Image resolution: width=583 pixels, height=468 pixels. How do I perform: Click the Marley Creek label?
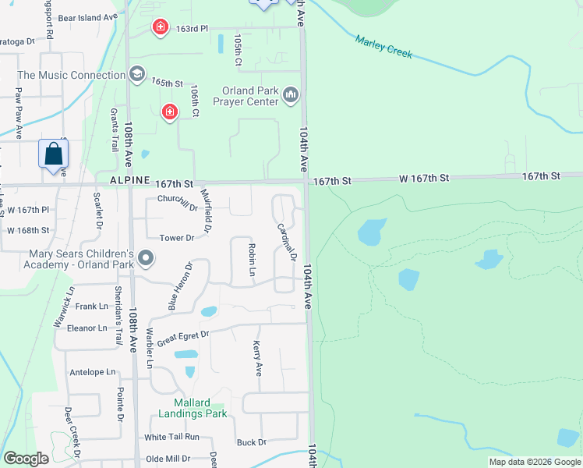pos(383,48)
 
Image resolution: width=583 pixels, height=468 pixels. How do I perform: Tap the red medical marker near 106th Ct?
pos(169,113)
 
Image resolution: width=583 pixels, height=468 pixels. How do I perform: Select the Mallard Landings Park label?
pos(193,408)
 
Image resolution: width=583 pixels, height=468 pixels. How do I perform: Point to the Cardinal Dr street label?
pos(288,242)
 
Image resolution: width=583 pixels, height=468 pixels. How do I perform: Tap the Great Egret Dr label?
pos(183,338)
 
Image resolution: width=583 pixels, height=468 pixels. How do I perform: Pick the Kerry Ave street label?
pos(257,358)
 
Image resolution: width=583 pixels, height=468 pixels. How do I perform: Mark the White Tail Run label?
pos(171,437)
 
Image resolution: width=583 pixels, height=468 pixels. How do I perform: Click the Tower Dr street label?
pos(175,238)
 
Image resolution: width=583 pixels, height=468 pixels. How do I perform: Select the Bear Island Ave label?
pos(87,16)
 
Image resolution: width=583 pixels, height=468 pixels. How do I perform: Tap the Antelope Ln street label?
pos(92,372)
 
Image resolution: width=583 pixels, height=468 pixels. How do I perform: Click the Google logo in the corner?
pos(26,459)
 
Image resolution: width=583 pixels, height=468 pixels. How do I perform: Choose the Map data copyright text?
pos(534,462)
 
